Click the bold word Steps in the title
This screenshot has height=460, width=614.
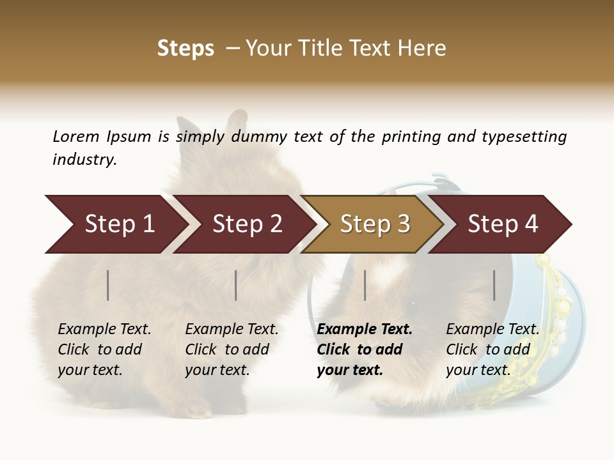185,49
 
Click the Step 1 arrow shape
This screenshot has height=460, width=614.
115,224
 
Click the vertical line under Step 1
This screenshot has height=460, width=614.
108,285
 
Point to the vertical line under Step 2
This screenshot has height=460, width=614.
236,285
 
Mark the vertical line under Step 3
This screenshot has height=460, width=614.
365,285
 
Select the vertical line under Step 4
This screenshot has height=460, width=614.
494,285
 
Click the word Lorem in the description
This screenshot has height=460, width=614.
76,137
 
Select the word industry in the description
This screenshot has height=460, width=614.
84,160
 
